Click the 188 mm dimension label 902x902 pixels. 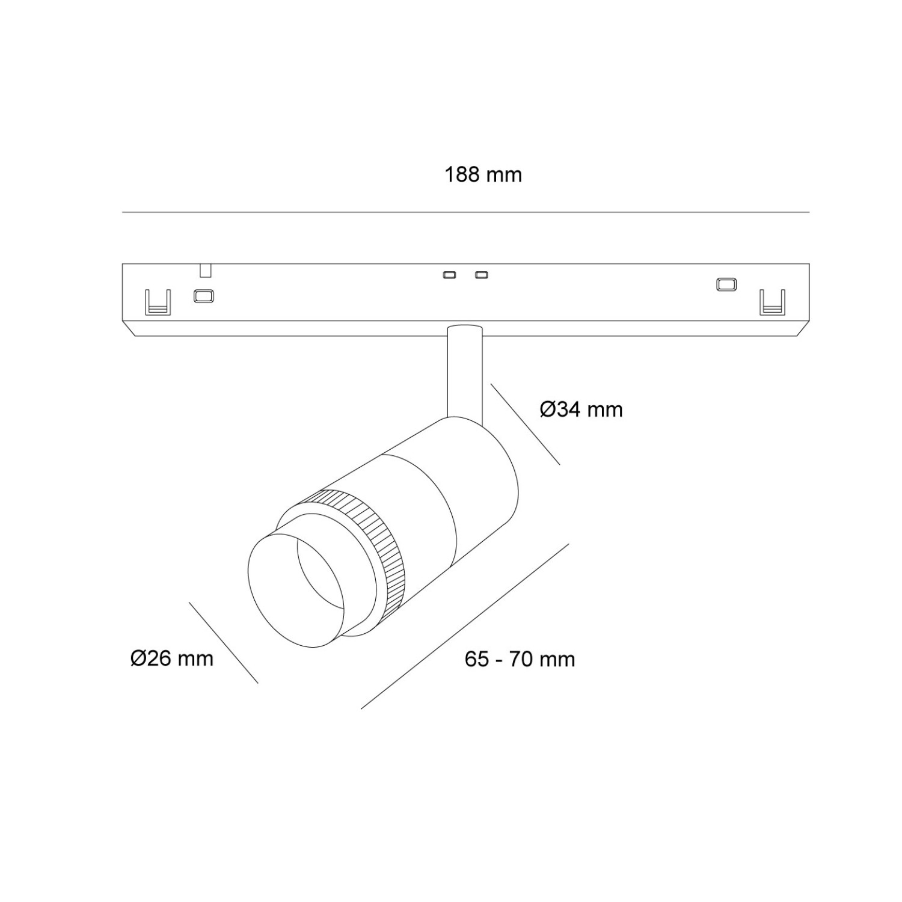tap(483, 175)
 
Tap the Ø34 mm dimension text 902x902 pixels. tap(581, 410)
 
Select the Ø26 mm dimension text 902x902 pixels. tap(172, 658)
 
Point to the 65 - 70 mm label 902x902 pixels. tap(520, 659)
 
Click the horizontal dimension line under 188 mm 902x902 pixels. tap(465, 212)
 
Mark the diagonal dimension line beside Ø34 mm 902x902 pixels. tap(525, 423)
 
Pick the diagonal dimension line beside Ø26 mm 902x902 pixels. tap(223, 642)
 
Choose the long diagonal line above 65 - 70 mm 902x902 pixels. tap(465, 626)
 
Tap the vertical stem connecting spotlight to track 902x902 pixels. tap(465, 373)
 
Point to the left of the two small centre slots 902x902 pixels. tap(449, 275)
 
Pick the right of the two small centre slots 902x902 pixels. tap(481, 275)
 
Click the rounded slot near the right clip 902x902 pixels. tap(727, 284)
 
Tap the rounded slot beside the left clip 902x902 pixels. tap(203, 296)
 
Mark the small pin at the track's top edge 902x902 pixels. tap(205, 270)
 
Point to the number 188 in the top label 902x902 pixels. tap(462, 175)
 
